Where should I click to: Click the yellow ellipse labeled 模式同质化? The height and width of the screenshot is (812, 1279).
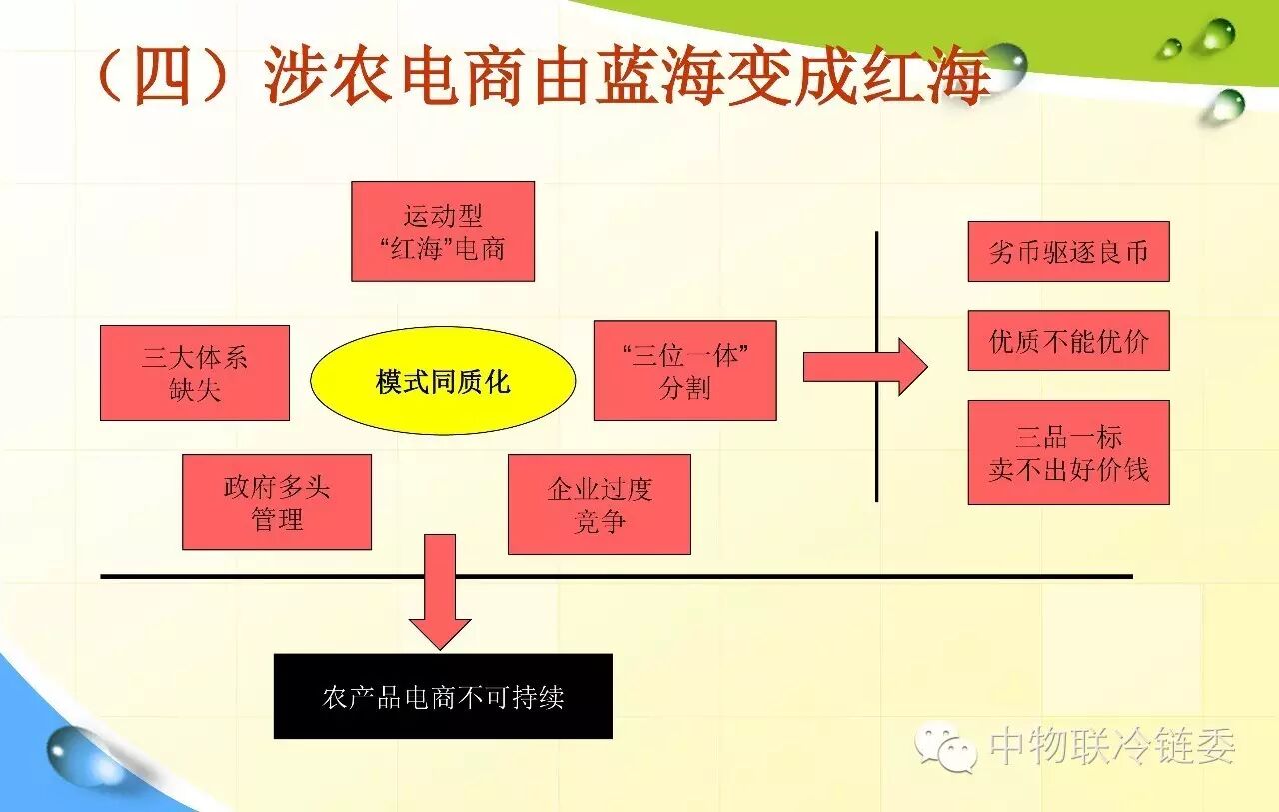click(x=443, y=381)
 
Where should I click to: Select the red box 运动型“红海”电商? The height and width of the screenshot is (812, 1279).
click(x=443, y=231)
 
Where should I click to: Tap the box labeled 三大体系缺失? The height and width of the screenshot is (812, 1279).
click(x=195, y=373)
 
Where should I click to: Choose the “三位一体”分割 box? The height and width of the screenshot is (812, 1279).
click(x=684, y=371)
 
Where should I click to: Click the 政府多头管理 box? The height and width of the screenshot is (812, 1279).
click(x=277, y=502)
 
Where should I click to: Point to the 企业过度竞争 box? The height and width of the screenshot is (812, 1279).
click(x=600, y=504)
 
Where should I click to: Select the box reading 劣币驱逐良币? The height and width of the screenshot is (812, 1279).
click(x=1068, y=252)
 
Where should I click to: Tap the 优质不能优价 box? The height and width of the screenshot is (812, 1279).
click(x=1068, y=341)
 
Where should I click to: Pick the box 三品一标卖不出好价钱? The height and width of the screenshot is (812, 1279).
click(x=1068, y=452)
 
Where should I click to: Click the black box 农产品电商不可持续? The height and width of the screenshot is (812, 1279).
click(x=443, y=696)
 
